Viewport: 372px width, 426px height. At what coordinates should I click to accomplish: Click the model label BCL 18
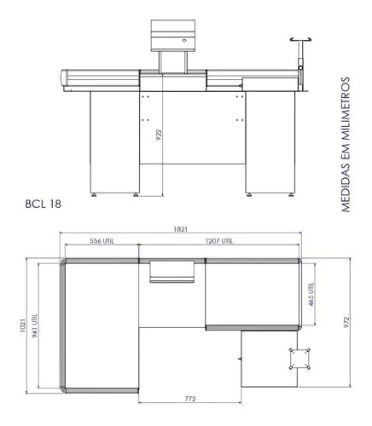click(x=44, y=204)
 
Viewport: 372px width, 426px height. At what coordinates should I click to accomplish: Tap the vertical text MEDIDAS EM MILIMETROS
click(x=345, y=144)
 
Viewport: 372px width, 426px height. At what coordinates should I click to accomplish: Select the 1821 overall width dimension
click(x=181, y=229)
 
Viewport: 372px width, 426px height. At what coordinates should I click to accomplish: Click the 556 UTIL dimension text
click(x=102, y=241)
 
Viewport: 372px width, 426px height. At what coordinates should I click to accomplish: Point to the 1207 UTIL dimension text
click(x=219, y=241)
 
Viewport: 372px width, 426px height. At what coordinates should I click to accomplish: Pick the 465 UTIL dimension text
click(x=311, y=294)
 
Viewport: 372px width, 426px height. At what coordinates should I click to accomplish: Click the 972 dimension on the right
click(x=346, y=323)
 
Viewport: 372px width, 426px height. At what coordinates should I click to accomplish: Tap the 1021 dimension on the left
click(x=23, y=325)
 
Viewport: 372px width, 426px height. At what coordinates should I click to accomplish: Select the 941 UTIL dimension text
click(x=35, y=325)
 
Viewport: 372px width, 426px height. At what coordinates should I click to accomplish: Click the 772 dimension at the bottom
click(x=190, y=399)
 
